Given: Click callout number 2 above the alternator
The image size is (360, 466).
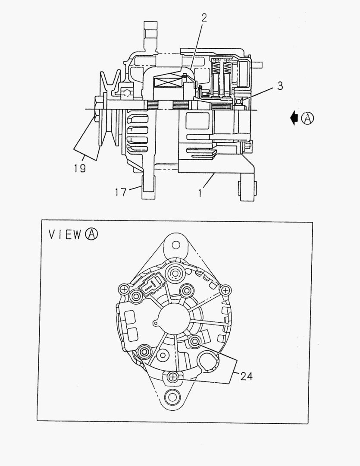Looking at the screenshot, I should point(204,18).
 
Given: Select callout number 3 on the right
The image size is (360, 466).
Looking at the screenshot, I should point(280,86).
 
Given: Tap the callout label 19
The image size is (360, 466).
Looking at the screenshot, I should point(79,168).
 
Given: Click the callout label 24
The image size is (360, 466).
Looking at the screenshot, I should point(246,376).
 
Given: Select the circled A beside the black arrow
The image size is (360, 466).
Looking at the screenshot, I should point(307,118).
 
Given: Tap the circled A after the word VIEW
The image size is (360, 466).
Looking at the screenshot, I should point(91,234).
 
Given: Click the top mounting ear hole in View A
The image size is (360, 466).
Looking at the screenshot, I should point(175,245).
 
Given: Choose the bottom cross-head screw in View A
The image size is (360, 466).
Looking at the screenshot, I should point(173,378).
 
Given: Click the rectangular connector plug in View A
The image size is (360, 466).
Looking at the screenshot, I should point(151,287).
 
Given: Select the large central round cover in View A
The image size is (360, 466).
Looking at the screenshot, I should point(174,320).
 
